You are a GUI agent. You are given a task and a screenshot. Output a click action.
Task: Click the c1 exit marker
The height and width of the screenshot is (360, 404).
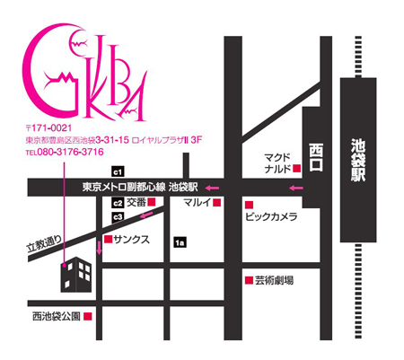pyautogui.click(x=117, y=171)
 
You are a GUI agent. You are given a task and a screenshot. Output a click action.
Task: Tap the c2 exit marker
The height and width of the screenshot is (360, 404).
pyautogui.click(x=118, y=202)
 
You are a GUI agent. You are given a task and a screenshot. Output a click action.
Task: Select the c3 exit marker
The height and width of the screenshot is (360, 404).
pyautogui.click(x=117, y=217)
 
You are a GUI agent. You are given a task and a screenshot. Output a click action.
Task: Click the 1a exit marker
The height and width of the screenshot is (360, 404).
pyautogui.click(x=180, y=241)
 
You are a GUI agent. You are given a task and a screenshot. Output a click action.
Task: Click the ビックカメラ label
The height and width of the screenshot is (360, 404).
pyautogui.click(x=271, y=217)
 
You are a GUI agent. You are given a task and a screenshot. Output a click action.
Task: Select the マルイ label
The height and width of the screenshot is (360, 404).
pyautogui.click(x=196, y=203)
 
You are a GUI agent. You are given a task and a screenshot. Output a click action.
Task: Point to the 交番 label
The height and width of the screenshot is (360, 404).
pyautogui.click(x=136, y=203)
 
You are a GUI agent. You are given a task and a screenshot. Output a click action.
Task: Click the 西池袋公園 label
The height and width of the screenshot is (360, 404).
pyautogui.click(x=57, y=317)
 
